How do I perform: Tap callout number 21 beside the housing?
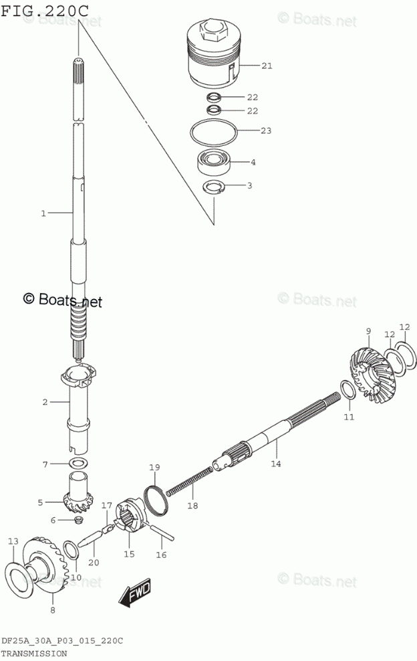pyautogui.click(x=267, y=66)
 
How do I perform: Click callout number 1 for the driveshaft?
pyautogui.click(x=43, y=213)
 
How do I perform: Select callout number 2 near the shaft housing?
pyautogui.click(x=45, y=402)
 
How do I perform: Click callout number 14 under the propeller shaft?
pyautogui.click(x=275, y=463)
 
